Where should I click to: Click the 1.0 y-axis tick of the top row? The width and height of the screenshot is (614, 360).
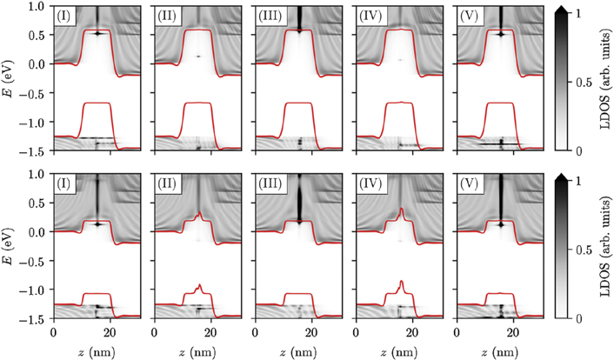coord(37,6)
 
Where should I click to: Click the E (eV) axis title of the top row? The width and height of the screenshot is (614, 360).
coord(10,78)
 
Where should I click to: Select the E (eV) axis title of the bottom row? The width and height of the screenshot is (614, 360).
coord(10,247)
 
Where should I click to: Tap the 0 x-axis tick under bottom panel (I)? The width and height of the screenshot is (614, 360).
coord(54,332)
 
